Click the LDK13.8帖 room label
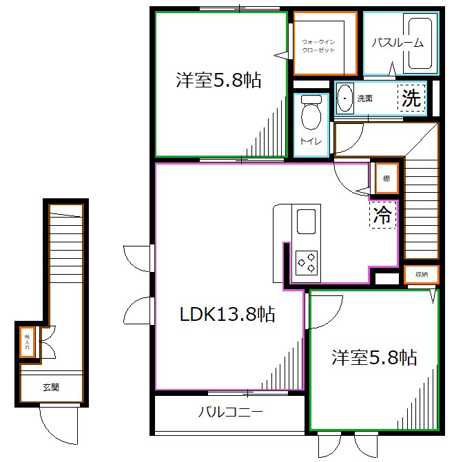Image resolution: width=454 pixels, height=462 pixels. tap(227, 315)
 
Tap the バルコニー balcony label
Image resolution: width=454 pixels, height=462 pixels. tap(230, 413)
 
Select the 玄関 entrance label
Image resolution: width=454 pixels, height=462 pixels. tap(50, 388)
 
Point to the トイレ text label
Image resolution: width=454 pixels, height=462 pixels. tap(308, 142)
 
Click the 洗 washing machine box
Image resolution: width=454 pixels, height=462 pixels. tap(411, 98)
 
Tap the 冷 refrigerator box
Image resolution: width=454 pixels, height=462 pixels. tap(382, 215)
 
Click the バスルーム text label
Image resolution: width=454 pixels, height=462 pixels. tap(398, 43)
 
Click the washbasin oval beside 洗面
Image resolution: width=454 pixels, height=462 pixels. tap(344, 98)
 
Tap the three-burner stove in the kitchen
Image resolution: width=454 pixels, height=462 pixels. tap(307, 262)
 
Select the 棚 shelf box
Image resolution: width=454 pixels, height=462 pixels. tap(386, 179)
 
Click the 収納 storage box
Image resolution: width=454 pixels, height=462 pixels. tap(421, 275)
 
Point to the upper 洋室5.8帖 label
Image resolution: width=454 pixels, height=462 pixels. tap(218, 81)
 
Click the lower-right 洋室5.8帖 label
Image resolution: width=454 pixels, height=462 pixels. tap(374, 357)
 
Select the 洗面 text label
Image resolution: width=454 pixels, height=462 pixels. tap(364, 98)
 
